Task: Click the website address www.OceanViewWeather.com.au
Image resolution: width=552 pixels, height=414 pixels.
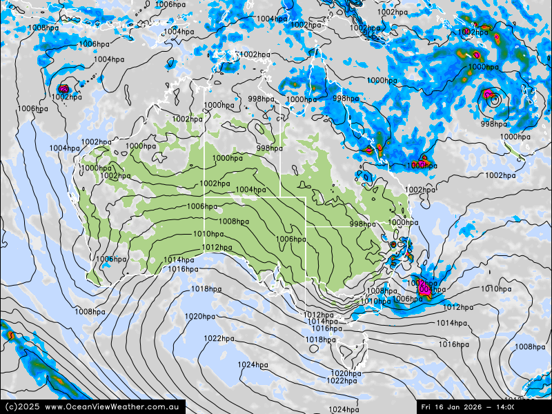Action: (x=115, y=407)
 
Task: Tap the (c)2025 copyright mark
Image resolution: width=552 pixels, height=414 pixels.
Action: (x=21, y=407)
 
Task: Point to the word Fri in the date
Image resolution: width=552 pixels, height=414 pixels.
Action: (x=428, y=407)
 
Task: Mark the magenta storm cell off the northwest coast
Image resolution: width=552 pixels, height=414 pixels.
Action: (x=64, y=88)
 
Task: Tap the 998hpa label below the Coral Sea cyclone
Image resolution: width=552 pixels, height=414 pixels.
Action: (x=494, y=124)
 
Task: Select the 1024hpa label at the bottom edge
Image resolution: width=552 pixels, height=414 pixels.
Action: (x=343, y=410)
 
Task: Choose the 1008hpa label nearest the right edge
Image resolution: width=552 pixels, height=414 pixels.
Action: (x=530, y=347)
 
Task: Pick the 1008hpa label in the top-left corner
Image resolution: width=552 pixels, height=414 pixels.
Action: (x=43, y=28)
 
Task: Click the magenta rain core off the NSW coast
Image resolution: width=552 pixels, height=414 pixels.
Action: (x=424, y=290)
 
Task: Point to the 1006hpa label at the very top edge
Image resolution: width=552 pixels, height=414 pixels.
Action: (x=170, y=4)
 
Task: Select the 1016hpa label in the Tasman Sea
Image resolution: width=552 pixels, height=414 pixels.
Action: (x=454, y=344)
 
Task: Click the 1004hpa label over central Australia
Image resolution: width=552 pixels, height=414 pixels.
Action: (x=250, y=190)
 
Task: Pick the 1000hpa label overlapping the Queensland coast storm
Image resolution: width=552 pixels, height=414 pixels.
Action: (x=421, y=166)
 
